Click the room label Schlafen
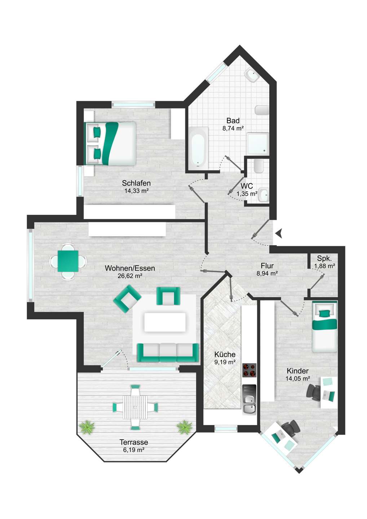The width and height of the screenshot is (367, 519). [x=136, y=183]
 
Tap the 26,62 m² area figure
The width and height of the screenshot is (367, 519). [x=130, y=276]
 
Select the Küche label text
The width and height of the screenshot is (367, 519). [x=225, y=354]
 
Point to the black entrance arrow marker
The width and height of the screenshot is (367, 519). [x=279, y=233]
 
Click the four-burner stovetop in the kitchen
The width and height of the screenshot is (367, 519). [x=249, y=371]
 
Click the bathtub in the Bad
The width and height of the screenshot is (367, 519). [x=198, y=147]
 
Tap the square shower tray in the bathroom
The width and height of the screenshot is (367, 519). [x=258, y=143]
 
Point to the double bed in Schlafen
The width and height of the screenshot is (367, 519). [x=110, y=143]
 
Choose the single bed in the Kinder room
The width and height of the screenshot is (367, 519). [x=324, y=327]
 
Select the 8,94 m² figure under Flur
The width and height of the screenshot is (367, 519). [x=267, y=274]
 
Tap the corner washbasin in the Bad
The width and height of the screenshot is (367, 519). [x=251, y=75]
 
